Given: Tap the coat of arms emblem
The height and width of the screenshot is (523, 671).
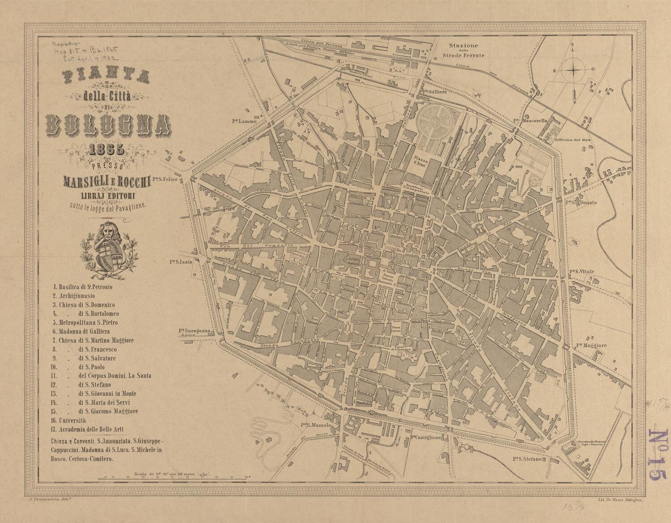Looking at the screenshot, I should [109, 249].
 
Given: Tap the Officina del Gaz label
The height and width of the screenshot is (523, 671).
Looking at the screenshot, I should [570, 140].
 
